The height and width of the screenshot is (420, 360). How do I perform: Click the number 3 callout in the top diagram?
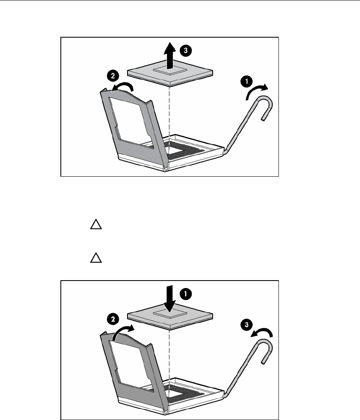(x=186, y=50)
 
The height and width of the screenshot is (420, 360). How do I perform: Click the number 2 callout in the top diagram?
(x=113, y=76)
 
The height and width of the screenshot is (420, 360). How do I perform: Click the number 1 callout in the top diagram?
(x=247, y=82)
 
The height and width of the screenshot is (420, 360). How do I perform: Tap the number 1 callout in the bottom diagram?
(x=186, y=294)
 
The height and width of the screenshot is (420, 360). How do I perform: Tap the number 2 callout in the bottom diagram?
(x=113, y=319)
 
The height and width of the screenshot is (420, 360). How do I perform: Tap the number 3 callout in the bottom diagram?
(x=247, y=325)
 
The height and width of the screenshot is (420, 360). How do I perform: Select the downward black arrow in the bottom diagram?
(x=170, y=299)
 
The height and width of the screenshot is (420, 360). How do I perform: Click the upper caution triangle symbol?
(x=96, y=224)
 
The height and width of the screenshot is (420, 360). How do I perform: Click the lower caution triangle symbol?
(x=96, y=257)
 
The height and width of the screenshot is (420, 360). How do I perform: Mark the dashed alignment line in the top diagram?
(x=169, y=112)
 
